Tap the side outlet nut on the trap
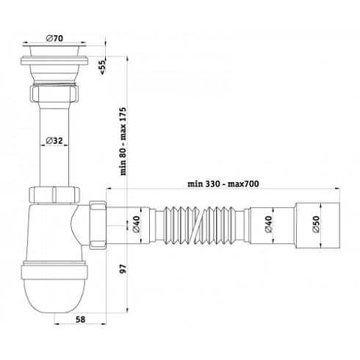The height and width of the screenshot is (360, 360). pyautogui.click(x=98, y=223)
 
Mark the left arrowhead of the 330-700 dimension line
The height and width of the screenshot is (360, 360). pyautogui.click(x=111, y=190)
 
